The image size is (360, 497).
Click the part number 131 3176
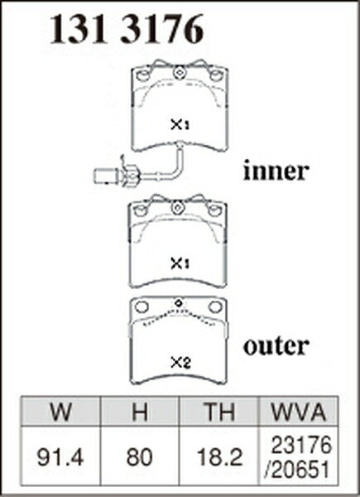(127, 29)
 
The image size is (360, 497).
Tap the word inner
(276, 171)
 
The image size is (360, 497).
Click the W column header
(60, 412)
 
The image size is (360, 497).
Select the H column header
(140, 412)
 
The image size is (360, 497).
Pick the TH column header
(218, 412)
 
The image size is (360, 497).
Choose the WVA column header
(299, 412)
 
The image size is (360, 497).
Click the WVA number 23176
(301, 445)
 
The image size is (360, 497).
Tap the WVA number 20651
(297, 469)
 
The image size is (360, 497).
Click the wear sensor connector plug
(107, 176)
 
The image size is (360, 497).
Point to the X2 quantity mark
(180, 363)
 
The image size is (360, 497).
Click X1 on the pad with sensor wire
(180, 124)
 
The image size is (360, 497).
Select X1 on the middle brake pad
(180, 263)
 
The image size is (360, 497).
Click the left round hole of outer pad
(142, 306)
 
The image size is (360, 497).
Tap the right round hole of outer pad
(215, 306)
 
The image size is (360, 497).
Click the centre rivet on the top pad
(179, 73)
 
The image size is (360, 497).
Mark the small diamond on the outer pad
(179, 303)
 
